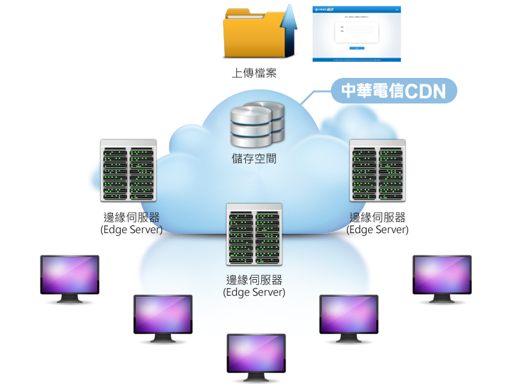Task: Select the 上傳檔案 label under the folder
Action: [x=254, y=73]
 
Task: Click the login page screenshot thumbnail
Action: [x=356, y=34]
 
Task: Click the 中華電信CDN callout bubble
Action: [x=393, y=91]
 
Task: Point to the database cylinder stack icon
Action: [x=257, y=123]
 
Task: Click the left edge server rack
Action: [x=128, y=171]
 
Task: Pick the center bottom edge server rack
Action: [x=254, y=234]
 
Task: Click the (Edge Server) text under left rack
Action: [x=132, y=229]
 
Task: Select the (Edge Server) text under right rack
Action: [x=378, y=229]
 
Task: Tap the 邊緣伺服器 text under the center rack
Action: [x=254, y=280]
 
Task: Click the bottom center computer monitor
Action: [x=256, y=356]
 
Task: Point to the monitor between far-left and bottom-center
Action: [x=163, y=317]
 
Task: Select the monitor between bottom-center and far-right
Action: [x=349, y=317]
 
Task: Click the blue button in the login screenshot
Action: [x=356, y=47]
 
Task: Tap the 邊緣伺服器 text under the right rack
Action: [x=378, y=218]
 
